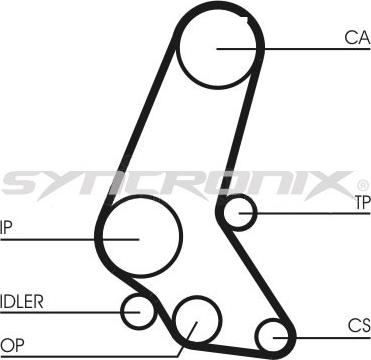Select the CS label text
(358, 325)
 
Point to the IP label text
(6, 225)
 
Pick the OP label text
(11, 343)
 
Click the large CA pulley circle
(219, 47)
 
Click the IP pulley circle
(141, 237)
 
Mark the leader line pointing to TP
(310, 212)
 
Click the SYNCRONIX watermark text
(180, 183)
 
